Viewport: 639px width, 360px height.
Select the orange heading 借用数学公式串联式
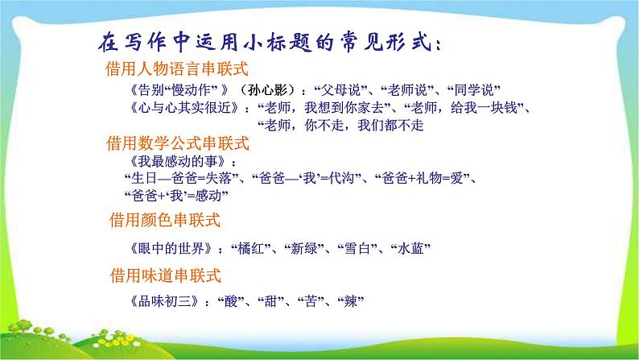point(179,143)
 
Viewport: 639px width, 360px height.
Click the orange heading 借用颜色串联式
point(164,219)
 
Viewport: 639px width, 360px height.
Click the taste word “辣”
point(352,302)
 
